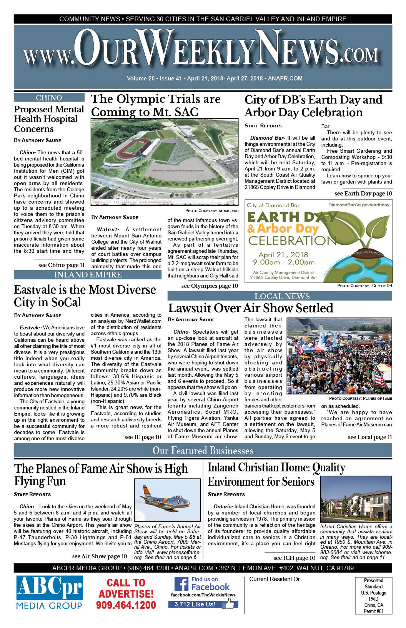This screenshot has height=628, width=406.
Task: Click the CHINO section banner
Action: pos(49,98)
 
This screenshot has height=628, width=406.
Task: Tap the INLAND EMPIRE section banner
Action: pos(88,275)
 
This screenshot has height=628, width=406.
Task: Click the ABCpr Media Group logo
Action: pos(49,593)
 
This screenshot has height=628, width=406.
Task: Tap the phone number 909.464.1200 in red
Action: pos(126,605)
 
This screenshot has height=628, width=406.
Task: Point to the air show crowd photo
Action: pos(339,356)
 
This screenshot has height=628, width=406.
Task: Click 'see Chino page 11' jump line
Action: pos(62,265)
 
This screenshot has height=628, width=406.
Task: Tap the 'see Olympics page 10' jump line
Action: pos(210,286)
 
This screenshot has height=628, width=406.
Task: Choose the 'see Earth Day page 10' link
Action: pos(363,194)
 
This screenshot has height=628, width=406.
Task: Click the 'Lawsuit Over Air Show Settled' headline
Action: pos(251,308)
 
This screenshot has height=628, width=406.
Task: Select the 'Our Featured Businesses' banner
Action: pos(203,451)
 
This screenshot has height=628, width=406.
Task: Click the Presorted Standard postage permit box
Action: pos(373,595)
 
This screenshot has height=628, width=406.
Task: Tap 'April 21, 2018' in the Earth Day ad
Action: pos(283,255)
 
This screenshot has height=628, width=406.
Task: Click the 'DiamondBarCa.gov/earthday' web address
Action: pos(358,205)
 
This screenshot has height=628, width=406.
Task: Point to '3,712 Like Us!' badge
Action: pos(195,604)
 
